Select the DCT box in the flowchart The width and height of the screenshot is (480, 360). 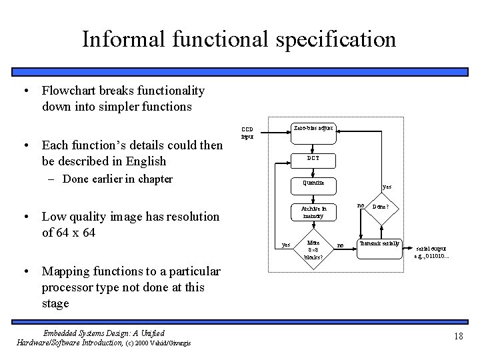point(313,159)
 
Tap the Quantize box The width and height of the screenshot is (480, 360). point(313,183)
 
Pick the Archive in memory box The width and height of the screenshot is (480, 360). point(313,211)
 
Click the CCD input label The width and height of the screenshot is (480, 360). point(247,133)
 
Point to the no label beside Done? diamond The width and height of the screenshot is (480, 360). point(361,205)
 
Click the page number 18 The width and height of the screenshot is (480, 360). point(458,337)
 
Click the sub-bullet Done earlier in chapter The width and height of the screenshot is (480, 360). point(117,179)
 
